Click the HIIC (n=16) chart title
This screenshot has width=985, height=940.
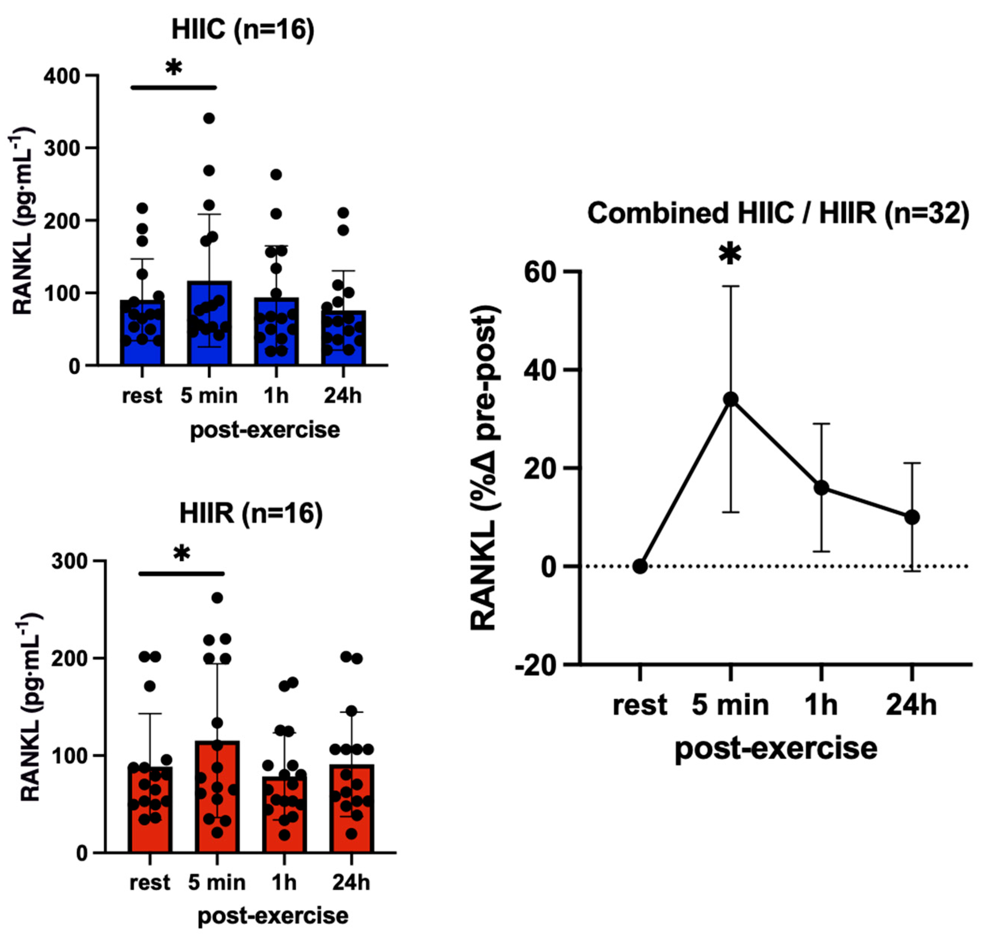coord(243,30)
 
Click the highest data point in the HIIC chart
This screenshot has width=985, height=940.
coord(209,118)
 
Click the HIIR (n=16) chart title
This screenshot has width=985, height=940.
coord(251,514)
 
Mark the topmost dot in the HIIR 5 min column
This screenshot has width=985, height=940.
coord(217,598)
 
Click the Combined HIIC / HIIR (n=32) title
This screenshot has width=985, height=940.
coord(778,213)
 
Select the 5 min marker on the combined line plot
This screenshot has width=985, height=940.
coord(731,399)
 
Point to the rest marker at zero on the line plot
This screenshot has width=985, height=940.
coord(640,566)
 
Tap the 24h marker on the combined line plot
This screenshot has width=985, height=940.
coord(912,517)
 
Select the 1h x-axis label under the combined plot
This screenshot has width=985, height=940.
coord(821,705)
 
